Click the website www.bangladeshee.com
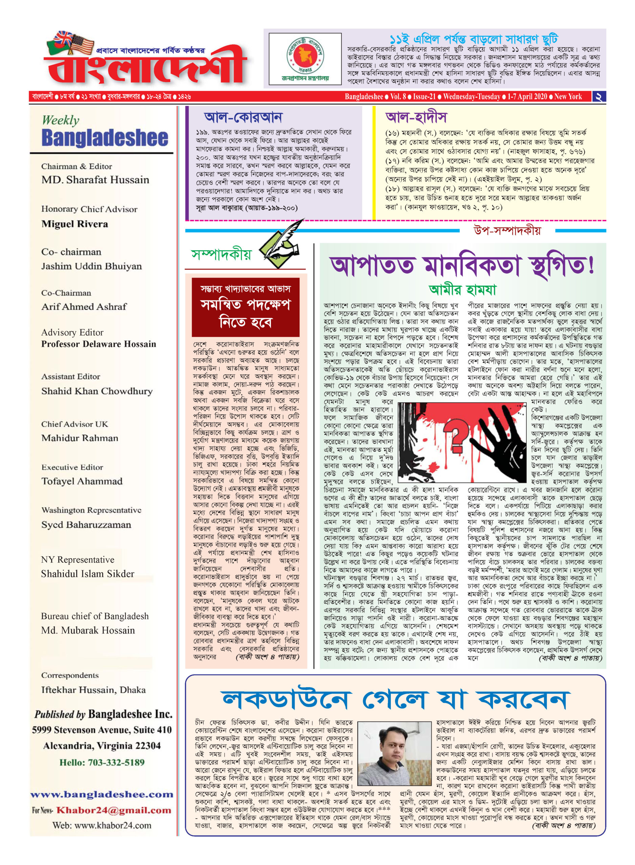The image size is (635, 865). tap(102, 794)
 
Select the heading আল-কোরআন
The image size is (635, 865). tap(243, 117)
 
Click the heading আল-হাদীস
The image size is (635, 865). tap(416, 117)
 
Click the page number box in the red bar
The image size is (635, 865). tap(598, 97)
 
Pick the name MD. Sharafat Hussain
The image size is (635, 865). tap(95, 180)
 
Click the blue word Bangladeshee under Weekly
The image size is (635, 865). tap(105, 138)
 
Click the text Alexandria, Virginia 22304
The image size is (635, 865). tap(101, 746)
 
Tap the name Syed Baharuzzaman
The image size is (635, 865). tap(86, 524)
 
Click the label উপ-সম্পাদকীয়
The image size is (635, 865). tap(506, 230)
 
